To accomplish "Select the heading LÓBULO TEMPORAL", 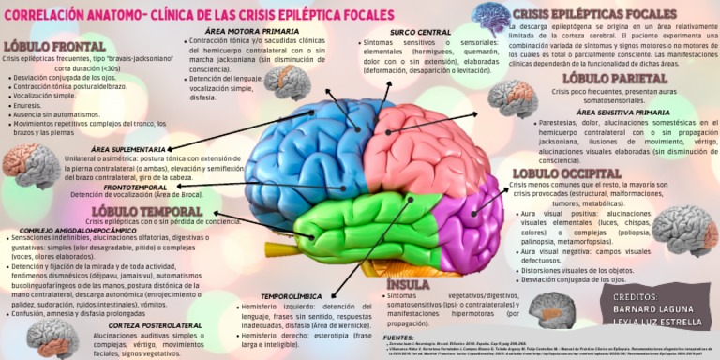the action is (x=137, y=210).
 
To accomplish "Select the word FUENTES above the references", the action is (x=399, y=336).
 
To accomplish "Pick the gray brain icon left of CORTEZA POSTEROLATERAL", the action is (x=52, y=336).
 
